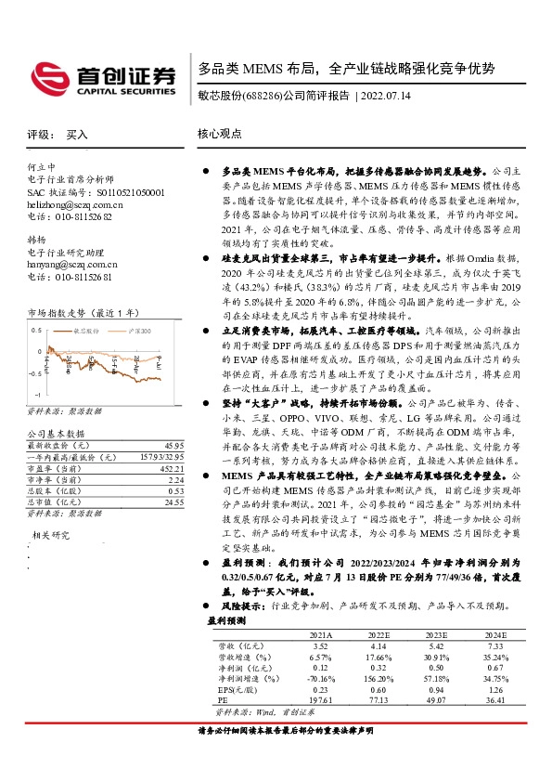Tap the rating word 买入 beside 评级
click(x=78, y=135)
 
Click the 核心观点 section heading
click(x=220, y=135)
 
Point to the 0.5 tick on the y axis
click(x=36, y=331)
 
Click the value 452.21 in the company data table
click(x=172, y=469)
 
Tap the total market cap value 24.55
click(x=173, y=502)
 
